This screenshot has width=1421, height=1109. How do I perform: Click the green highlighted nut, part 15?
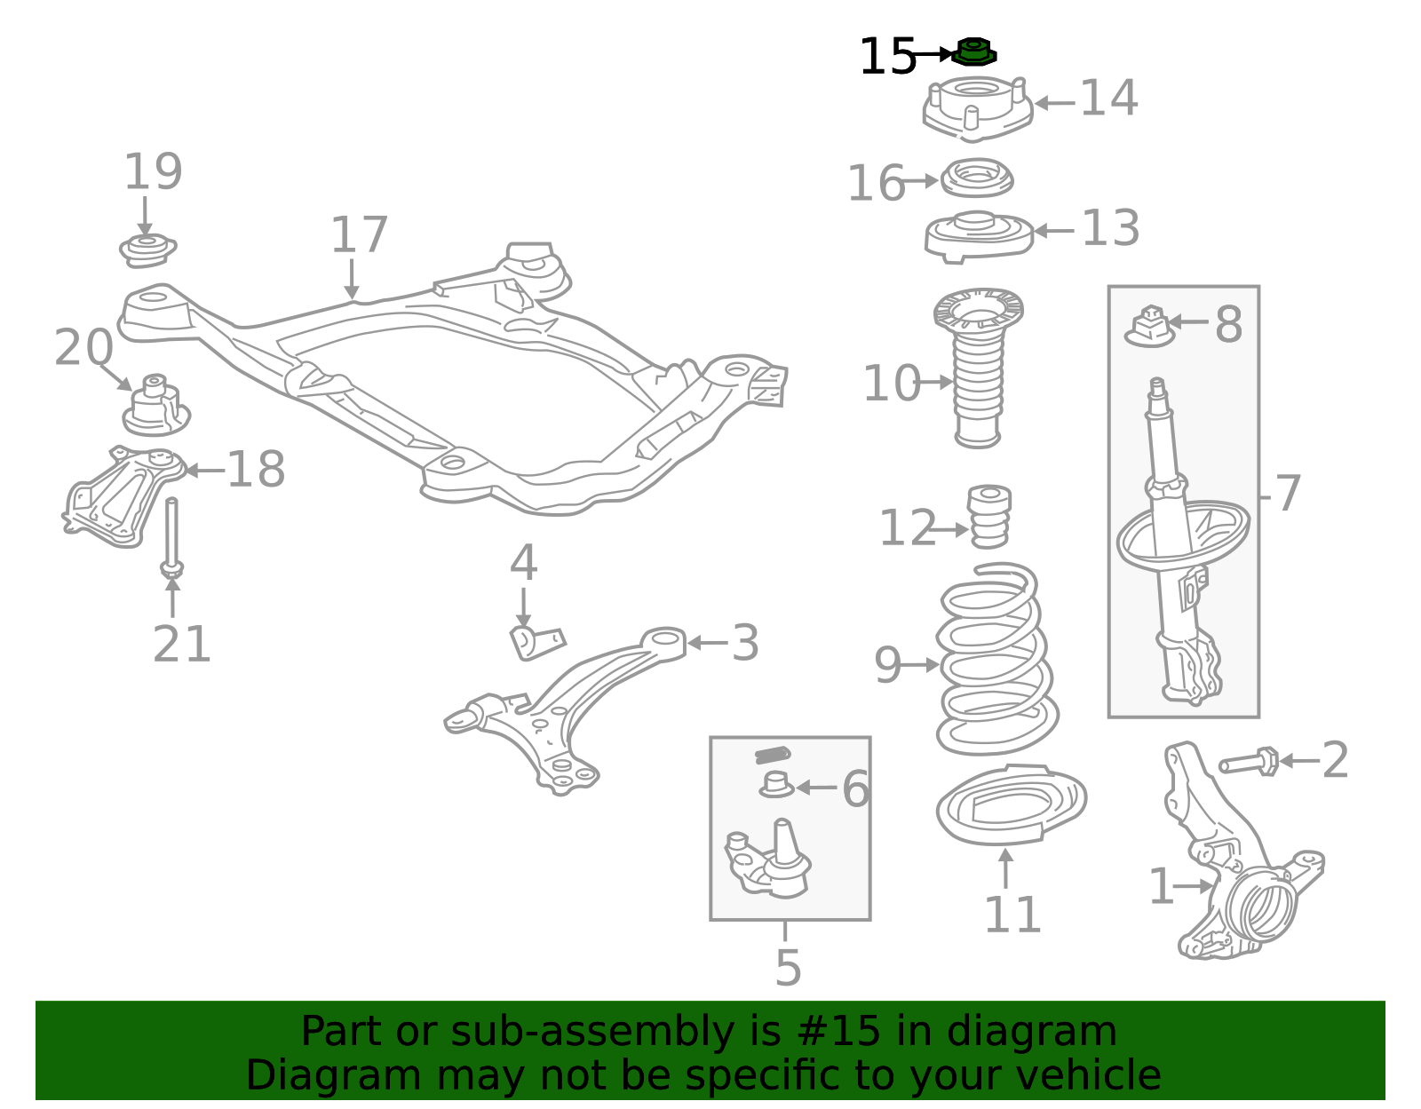pyautogui.click(x=973, y=51)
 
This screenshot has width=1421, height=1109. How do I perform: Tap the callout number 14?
pyautogui.click(x=1109, y=98)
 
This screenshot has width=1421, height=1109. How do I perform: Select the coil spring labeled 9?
pyautogui.click(x=996, y=660)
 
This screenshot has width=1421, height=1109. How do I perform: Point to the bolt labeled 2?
pyautogui.click(x=1249, y=762)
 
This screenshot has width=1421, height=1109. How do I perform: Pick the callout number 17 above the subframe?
pyautogui.click(x=359, y=234)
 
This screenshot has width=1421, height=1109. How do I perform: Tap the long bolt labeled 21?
pyautogui.click(x=172, y=538)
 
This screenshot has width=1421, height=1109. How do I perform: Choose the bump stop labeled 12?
pyautogui.click(x=989, y=516)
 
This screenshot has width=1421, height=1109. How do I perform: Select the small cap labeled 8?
pyautogui.click(x=1149, y=326)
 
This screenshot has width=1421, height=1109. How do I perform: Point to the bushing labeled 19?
pyautogui.click(x=147, y=250)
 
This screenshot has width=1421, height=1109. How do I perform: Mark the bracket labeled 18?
pyautogui.click(x=123, y=496)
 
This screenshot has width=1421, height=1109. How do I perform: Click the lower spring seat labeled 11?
pyautogui.click(x=1011, y=805)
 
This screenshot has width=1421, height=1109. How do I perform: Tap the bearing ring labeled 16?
pyautogui.click(x=977, y=177)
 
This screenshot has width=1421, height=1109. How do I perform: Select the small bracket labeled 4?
pyautogui.click(x=537, y=642)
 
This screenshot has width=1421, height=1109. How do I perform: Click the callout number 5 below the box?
pyautogui.click(x=788, y=968)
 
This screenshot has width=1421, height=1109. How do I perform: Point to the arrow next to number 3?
pyautogui.click(x=708, y=643)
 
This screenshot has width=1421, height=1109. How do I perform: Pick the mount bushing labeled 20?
pyautogui.click(x=156, y=405)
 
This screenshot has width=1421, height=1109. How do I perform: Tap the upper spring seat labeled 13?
pyautogui.click(x=979, y=236)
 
